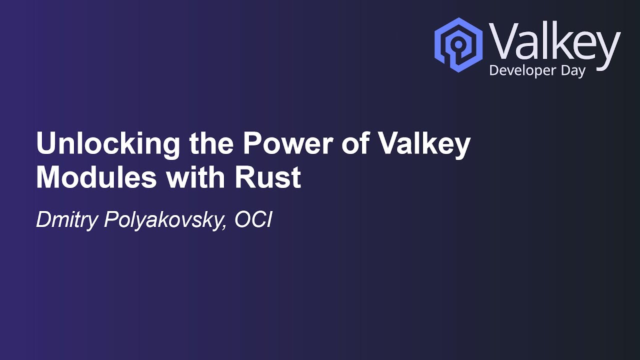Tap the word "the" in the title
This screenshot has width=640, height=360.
coord(212,144)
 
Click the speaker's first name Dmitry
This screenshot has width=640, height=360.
coord(67,220)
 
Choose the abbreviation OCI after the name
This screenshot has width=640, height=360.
coord(252,220)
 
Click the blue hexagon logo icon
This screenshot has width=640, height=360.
coord(458,44)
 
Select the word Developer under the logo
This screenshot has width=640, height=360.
coord(522,71)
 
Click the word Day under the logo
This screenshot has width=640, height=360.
coord(573,71)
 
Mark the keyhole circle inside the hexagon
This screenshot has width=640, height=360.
coord(458,44)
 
